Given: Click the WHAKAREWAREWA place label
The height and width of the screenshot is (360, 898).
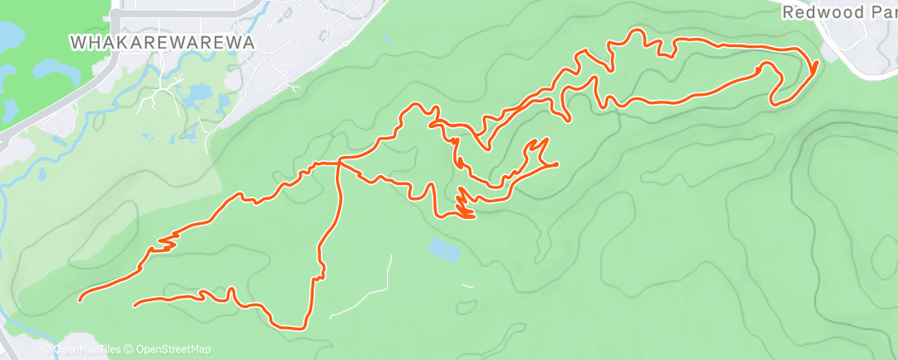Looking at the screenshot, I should tap(161, 40).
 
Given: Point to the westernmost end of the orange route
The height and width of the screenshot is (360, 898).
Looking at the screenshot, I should tap(80, 299).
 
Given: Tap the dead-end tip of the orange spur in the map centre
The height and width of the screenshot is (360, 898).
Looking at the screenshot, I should tap(557, 164).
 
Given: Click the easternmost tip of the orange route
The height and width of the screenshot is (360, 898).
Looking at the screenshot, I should tap(816, 64).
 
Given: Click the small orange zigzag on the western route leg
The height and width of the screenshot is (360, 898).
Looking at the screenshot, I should tap(164, 244).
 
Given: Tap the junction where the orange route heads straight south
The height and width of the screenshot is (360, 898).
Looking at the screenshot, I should tap(339, 164).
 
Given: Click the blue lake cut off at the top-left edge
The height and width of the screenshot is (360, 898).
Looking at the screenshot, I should tap(11, 35).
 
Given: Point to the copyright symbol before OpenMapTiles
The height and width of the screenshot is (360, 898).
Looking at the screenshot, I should tap(45, 349).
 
